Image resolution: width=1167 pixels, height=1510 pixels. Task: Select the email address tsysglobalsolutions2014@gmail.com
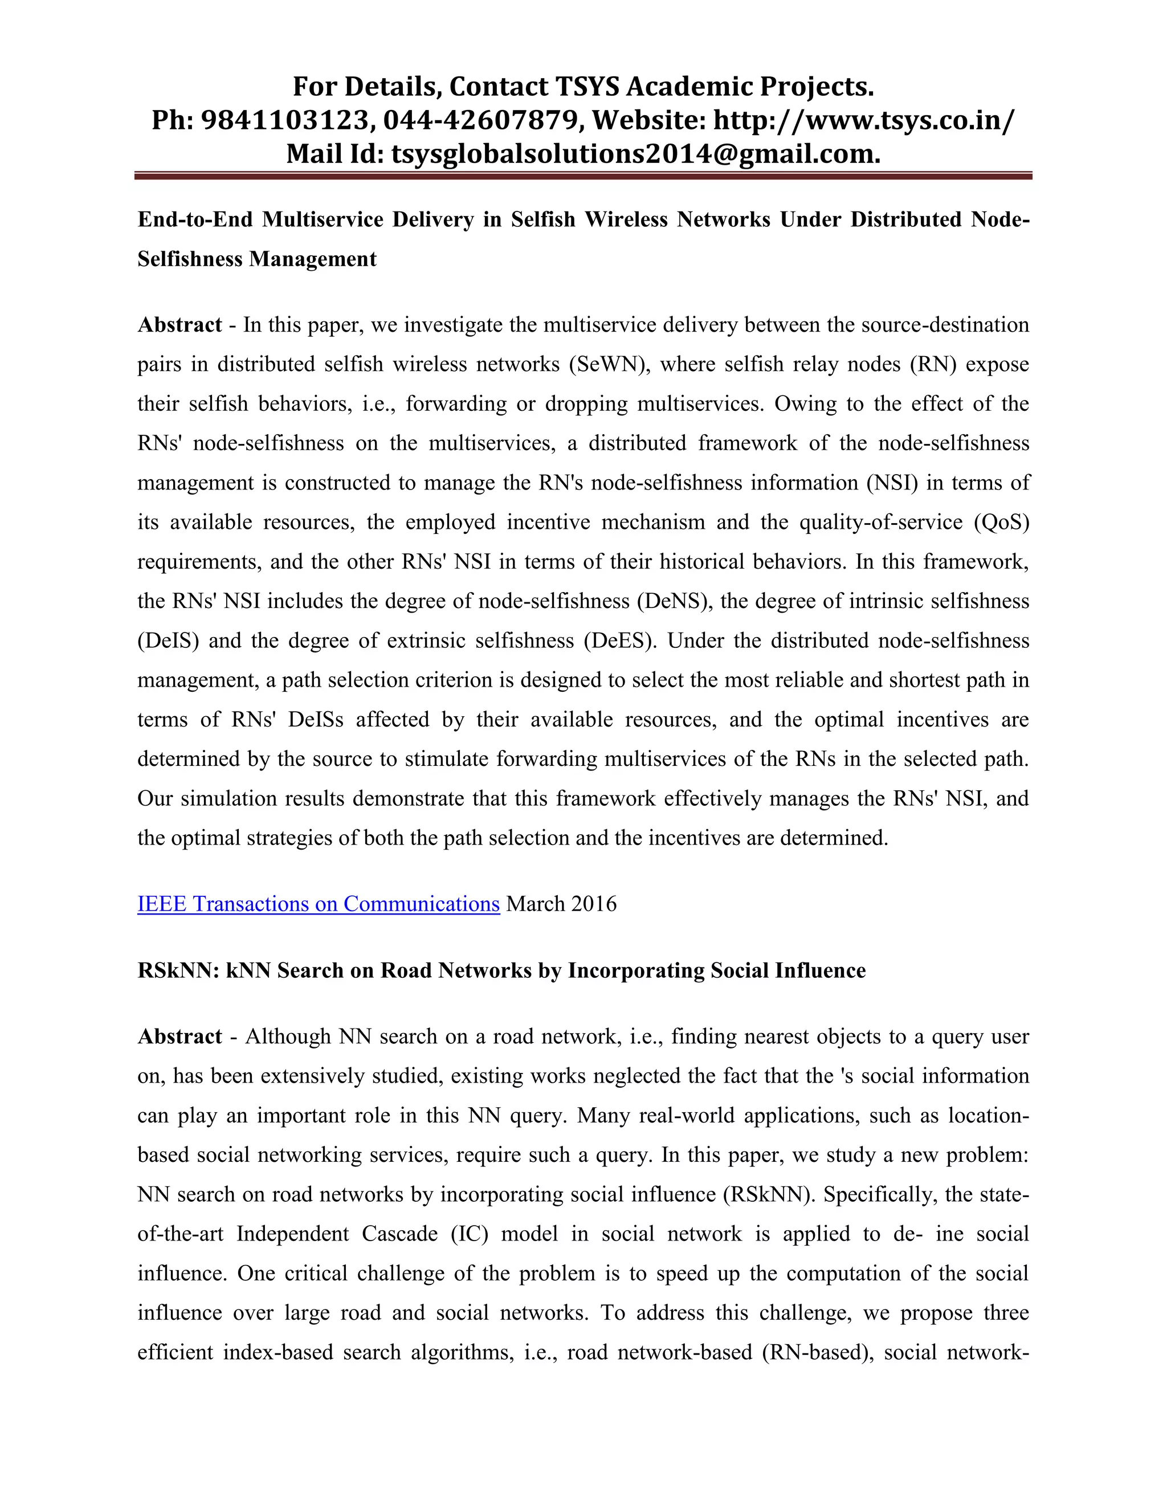[x=635, y=153]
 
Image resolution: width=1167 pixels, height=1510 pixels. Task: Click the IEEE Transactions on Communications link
[x=318, y=904]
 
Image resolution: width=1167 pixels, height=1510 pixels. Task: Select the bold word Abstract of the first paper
[x=179, y=325]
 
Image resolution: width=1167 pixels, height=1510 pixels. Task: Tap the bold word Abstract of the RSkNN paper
[x=179, y=1036]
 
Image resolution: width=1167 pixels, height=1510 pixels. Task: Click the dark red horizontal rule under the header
[x=583, y=176]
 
